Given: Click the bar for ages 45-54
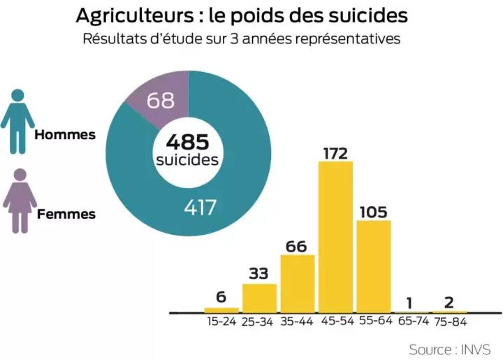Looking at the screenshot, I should [x=335, y=236].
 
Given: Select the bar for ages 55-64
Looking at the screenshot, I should [x=373, y=266].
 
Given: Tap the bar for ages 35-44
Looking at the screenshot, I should [x=298, y=283].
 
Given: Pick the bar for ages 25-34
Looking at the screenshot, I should [x=259, y=297].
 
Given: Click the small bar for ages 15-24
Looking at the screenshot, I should [x=221, y=310].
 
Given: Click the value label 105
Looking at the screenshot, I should [x=373, y=211].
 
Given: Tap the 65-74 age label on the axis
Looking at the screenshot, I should [x=411, y=322].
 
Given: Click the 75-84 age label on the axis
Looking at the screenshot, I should [x=449, y=322].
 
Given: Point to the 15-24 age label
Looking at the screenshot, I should [x=221, y=322].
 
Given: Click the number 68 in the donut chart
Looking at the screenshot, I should [x=161, y=101].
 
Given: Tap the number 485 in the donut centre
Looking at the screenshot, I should [x=187, y=142].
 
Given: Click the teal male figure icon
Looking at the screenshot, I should [x=18, y=120].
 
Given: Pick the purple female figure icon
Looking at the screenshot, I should [x=19, y=201].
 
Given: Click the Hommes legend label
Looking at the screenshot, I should [x=65, y=134].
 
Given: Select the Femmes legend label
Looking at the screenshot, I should [x=66, y=214].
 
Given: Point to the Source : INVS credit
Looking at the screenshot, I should [x=449, y=349].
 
